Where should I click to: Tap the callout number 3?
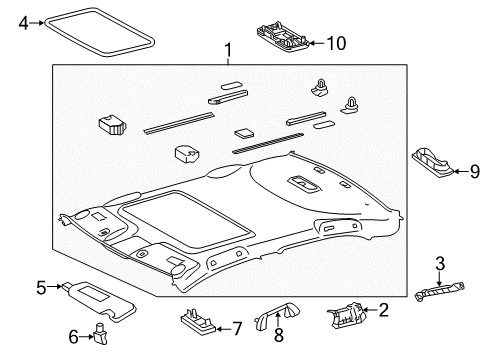pos(439,263)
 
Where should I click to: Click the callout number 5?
pos(41,288)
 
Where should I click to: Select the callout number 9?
pos(474,171)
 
